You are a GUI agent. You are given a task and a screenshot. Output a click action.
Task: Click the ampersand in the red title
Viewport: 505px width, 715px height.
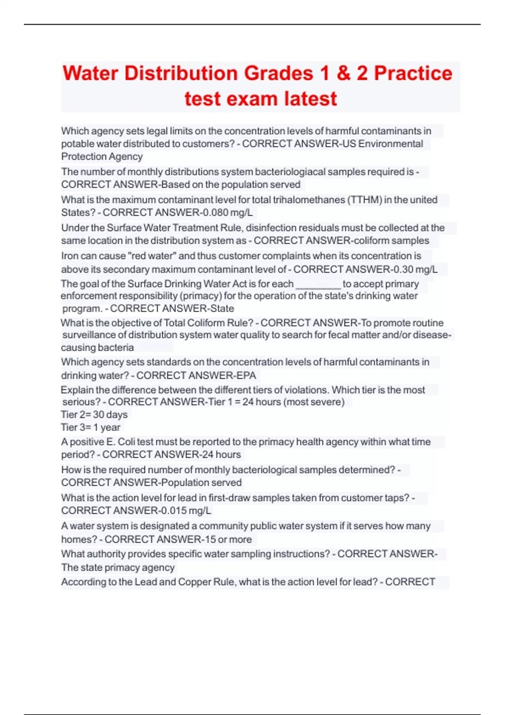point(343,74)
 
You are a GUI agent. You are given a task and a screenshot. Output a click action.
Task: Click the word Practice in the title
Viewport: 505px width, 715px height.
point(413,74)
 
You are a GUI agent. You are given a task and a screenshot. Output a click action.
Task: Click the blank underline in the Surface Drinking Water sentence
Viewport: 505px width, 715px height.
point(318,284)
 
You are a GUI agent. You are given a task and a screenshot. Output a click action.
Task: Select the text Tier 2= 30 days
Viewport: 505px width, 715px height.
point(94,415)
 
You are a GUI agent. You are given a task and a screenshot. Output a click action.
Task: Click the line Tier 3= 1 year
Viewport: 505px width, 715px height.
point(90,427)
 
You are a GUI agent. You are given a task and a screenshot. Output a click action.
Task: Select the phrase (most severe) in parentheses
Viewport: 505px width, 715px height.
point(314,402)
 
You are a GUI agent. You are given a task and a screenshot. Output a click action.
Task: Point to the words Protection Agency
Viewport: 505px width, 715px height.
point(102,156)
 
